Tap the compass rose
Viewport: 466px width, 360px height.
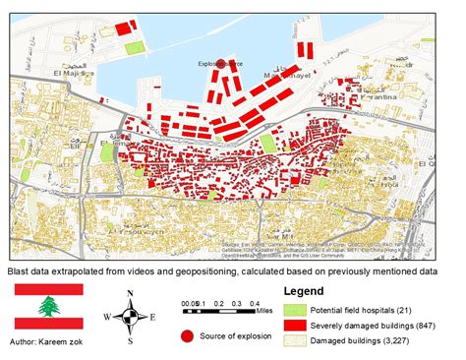[127, 316]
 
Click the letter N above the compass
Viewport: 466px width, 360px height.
[128, 293]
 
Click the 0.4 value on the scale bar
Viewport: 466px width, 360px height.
[255, 304]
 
